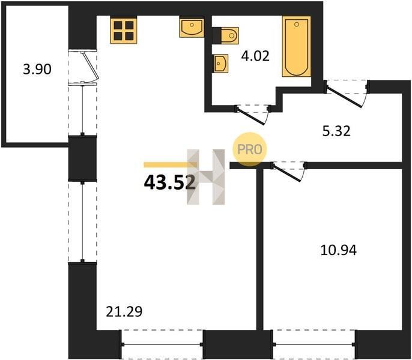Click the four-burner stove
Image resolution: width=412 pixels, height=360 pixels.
pyautogui.click(x=124, y=30)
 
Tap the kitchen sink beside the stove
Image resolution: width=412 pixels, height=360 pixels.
pyautogui.click(x=192, y=27)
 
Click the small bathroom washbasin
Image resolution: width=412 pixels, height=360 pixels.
pyautogui.click(x=220, y=64)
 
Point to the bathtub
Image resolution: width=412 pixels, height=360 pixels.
pyautogui.click(x=297, y=47)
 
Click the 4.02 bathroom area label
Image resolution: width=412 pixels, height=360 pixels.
pyautogui.click(x=255, y=56)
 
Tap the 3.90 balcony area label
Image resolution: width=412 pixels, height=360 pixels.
pyautogui.click(x=37, y=70)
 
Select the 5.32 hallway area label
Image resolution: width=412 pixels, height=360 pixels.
pyautogui.click(x=336, y=131)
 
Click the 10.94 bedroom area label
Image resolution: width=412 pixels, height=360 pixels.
pyautogui.click(x=339, y=250)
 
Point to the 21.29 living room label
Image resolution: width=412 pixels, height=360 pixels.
pyautogui.click(x=124, y=312)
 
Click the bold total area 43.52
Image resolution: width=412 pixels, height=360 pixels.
pyautogui.click(x=170, y=182)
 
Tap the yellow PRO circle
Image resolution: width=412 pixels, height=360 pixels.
pyautogui.click(x=249, y=149)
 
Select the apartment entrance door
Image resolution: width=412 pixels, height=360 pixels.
pyautogui.click(x=347, y=94)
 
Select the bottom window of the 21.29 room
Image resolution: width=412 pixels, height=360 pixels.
pyautogui.click(x=162, y=344)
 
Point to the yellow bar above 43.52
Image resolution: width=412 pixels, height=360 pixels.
pyautogui.click(x=171, y=164)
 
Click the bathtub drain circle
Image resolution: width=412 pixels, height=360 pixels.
pyautogui.click(x=297, y=25)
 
